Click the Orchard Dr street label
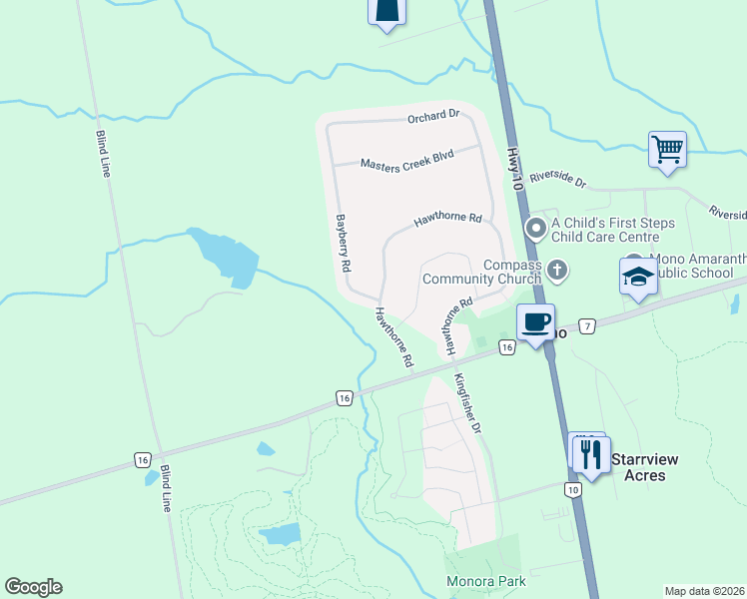point(432,117)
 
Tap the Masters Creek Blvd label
point(406,161)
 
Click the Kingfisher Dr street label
point(467,402)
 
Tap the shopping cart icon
point(666,151)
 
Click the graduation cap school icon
point(638,278)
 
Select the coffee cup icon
point(535,322)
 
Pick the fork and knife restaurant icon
point(589,454)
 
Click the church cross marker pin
point(557,268)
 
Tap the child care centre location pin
point(536,230)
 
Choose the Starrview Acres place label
point(644,467)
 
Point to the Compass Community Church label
point(481,272)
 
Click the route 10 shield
point(571,489)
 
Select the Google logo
point(33,587)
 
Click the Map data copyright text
point(704,591)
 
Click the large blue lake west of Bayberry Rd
point(223,255)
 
